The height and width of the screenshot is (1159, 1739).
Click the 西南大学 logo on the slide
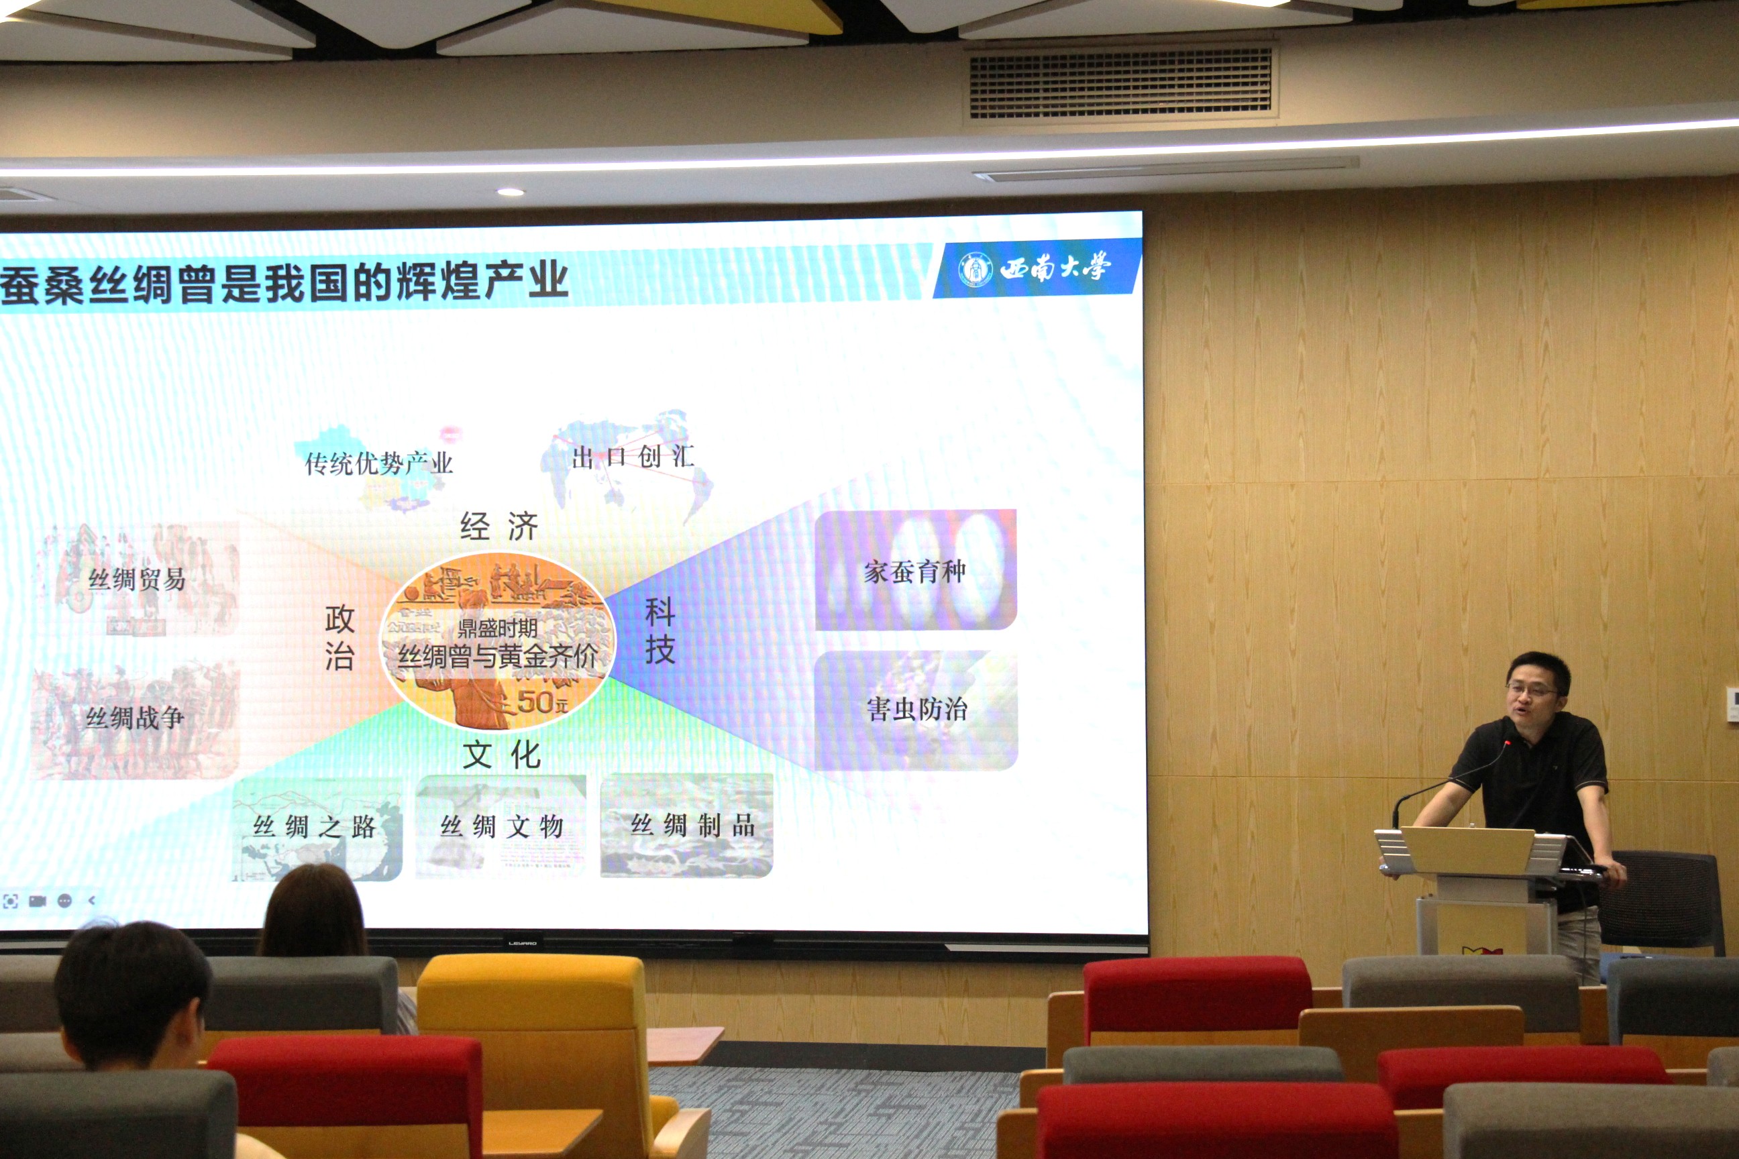click(1035, 268)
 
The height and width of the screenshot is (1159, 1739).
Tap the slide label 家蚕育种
click(914, 571)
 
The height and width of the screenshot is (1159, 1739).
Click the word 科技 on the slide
click(660, 630)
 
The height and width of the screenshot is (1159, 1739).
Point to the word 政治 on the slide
click(339, 637)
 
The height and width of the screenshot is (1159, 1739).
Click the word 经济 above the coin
click(498, 527)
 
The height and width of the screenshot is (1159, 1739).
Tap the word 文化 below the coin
click(501, 755)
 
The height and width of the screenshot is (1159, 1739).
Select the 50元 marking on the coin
click(542, 702)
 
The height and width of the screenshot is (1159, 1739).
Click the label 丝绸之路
click(314, 826)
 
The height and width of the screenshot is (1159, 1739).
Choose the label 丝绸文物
click(501, 826)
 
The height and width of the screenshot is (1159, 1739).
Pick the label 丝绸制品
click(692, 825)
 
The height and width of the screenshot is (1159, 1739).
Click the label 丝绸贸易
click(137, 579)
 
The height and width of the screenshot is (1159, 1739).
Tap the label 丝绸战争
click(135, 717)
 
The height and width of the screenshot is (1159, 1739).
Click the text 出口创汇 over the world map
click(632, 457)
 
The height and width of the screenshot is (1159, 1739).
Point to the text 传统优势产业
click(378, 463)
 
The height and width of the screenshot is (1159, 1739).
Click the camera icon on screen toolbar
click(37, 900)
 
